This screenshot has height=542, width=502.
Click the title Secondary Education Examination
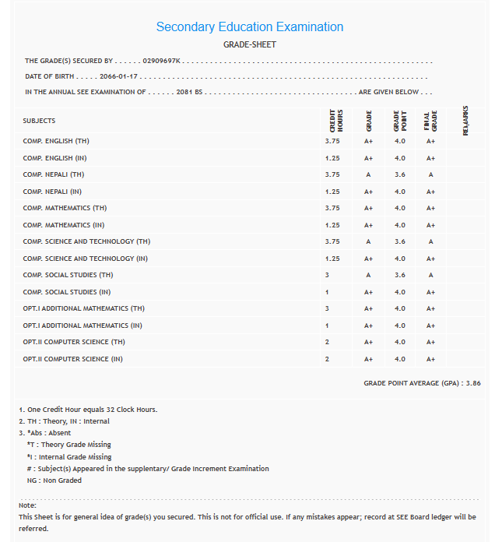tap(249, 26)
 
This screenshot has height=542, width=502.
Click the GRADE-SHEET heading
tap(249, 44)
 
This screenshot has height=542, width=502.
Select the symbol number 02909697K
tap(162, 60)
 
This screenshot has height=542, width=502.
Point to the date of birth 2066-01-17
tap(118, 76)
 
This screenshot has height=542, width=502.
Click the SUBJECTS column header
tap(39, 121)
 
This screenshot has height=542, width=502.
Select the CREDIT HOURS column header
tap(336, 121)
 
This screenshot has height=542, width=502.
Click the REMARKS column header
tap(465, 121)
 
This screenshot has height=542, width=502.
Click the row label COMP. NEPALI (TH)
tap(54, 174)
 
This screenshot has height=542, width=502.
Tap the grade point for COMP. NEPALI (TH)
tap(400, 174)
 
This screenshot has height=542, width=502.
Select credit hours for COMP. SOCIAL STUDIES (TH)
tap(327, 275)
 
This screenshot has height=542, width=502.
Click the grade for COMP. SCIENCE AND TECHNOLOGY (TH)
tap(368, 241)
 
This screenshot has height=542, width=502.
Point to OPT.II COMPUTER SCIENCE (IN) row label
tap(73, 359)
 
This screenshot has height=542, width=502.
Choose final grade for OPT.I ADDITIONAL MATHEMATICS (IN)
tap(430, 326)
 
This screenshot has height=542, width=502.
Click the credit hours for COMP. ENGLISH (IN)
tap(332, 158)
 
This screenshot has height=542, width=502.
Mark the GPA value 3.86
tap(472, 383)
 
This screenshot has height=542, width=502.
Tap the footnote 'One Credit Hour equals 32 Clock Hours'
tap(92, 410)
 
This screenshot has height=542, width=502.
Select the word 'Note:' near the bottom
tap(27, 505)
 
